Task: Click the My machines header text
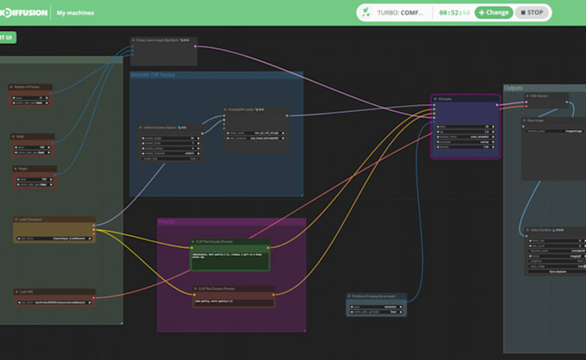(75, 13)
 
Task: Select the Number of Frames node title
(30, 87)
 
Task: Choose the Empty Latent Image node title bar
(164, 40)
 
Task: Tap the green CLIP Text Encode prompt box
(229, 258)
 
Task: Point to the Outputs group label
(514, 88)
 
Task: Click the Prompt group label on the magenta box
(167, 221)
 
